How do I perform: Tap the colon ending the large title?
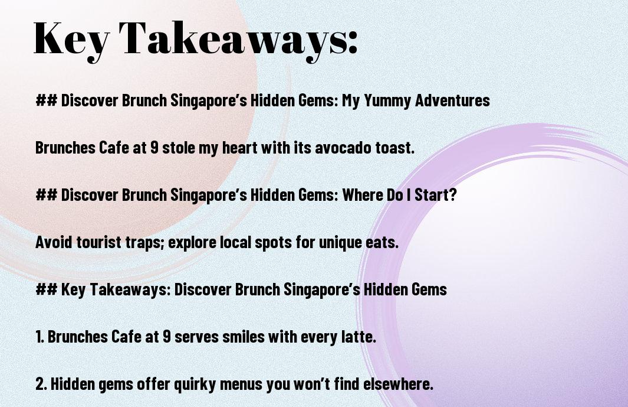[x=351, y=42]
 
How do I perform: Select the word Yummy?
[x=386, y=101]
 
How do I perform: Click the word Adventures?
[x=452, y=100]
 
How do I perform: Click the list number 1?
[x=40, y=337]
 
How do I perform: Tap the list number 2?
[x=41, y=384]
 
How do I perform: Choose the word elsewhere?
[x=398, y=384]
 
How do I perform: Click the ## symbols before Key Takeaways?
[x=47, y=289]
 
